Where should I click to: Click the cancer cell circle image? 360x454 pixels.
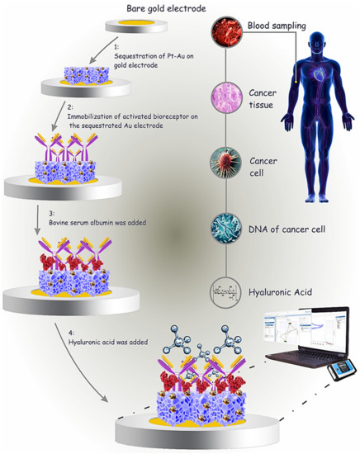coord(224,161)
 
